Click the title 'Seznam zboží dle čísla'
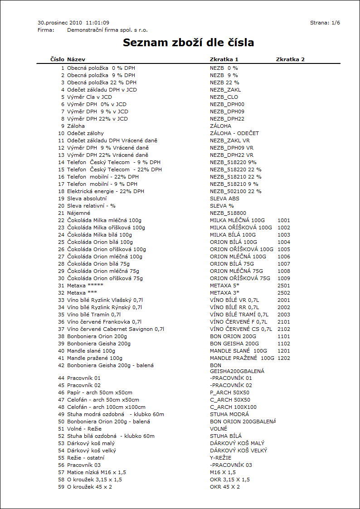point(188,43)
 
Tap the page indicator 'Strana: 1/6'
point(325,23)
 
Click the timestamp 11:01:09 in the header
point(97,23)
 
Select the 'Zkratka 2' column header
point(290,59)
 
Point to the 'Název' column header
point(76,59)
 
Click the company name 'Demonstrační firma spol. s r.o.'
point(107,30)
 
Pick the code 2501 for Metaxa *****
point(284,286)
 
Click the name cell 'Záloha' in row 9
point(76,126)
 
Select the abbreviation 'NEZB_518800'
point(228,213)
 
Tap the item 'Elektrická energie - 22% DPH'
point(106,191)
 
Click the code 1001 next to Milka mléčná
point(284,220)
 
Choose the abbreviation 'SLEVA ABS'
point(224,199)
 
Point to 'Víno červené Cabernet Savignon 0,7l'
point(116,329)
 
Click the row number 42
point(61,365)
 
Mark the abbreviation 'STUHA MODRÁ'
point(229,414)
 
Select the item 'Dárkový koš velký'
point(92,451)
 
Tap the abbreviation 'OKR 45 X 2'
point(225,487)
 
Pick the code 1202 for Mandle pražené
point(284,358)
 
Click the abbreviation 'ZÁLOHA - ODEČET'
point(234,133)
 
